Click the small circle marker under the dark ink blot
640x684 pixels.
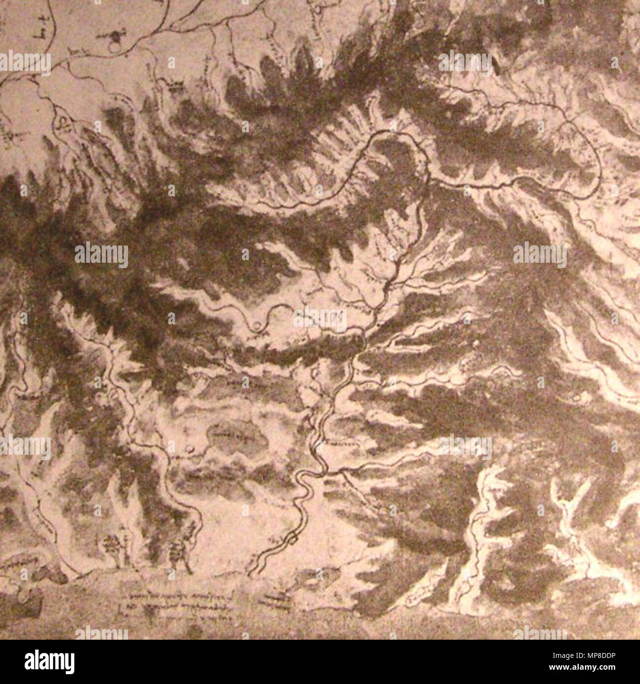114,47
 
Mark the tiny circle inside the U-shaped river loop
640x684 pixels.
257,325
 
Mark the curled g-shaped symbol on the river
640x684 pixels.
63,122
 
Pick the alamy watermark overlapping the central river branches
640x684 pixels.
320,320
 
